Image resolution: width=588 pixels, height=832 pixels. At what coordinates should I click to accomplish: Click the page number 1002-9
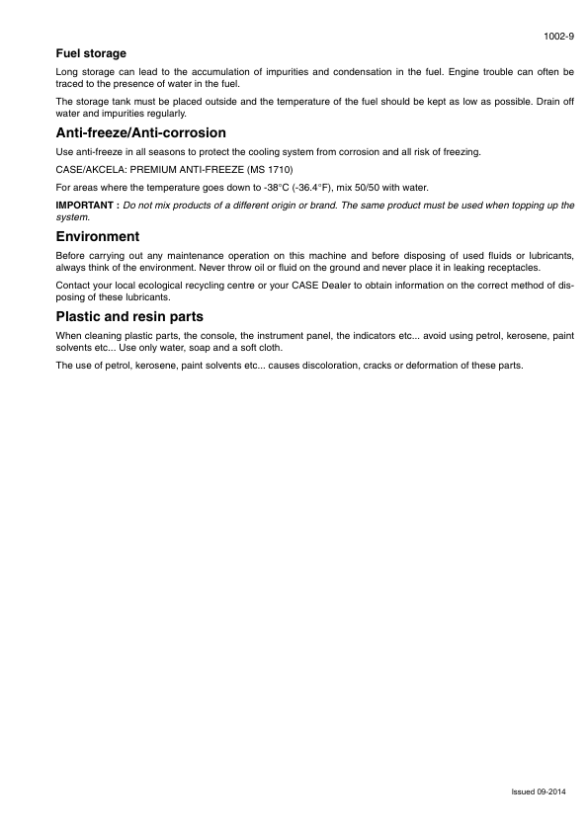click(559, 37)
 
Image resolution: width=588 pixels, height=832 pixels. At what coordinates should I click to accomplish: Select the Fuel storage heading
click(91, 53)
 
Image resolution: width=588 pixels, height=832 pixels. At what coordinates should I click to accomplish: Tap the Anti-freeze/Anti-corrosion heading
click(141, 132)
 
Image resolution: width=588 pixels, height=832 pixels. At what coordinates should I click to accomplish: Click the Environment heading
click(98, 237)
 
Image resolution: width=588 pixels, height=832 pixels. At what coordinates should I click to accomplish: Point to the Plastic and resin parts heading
click(129, 317)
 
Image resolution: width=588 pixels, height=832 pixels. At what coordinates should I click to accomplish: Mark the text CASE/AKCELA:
click(91, 169)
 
